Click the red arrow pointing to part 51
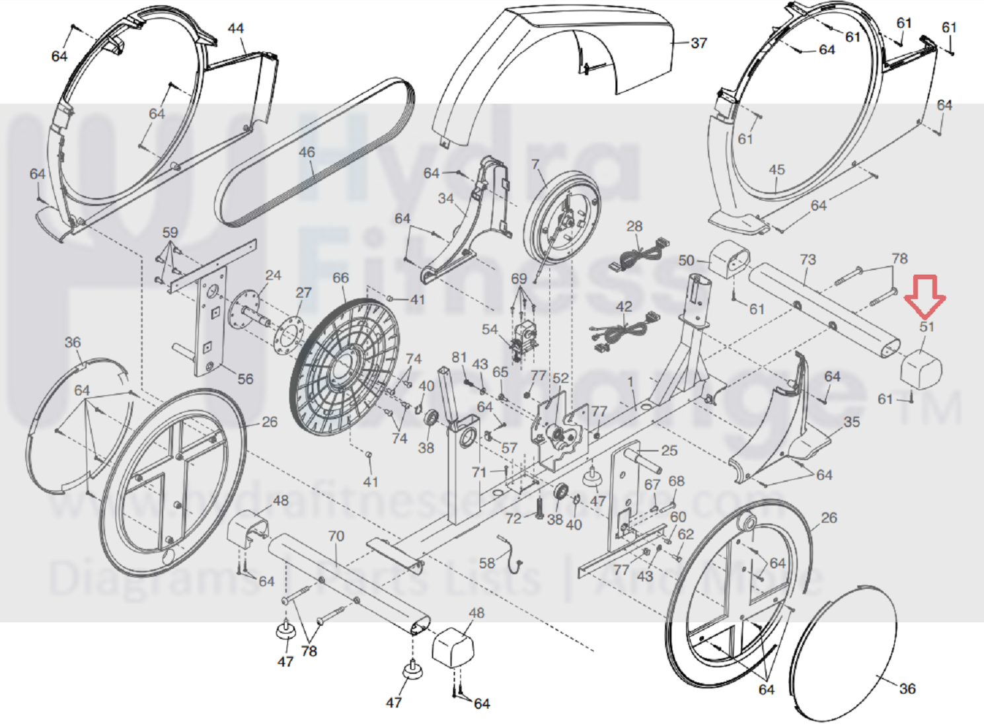pos(925,295)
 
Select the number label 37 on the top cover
pos(699,44)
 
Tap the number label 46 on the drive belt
pos(307,153)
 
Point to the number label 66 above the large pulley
pos(340,278)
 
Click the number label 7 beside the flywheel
pos(535,164)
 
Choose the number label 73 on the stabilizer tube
pos(808,260)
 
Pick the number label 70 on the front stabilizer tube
pos(336,536)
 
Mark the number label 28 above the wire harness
pos(634,227)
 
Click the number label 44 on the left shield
pos(235,29)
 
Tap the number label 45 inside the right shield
pos(776,170)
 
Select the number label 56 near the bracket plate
pos(245,379)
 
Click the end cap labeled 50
pos(729,258)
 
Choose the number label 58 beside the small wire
pos(487,563)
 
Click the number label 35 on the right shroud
pos(852,421)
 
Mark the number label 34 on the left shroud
pos(446,198)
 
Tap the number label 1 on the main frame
pos(630,382)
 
